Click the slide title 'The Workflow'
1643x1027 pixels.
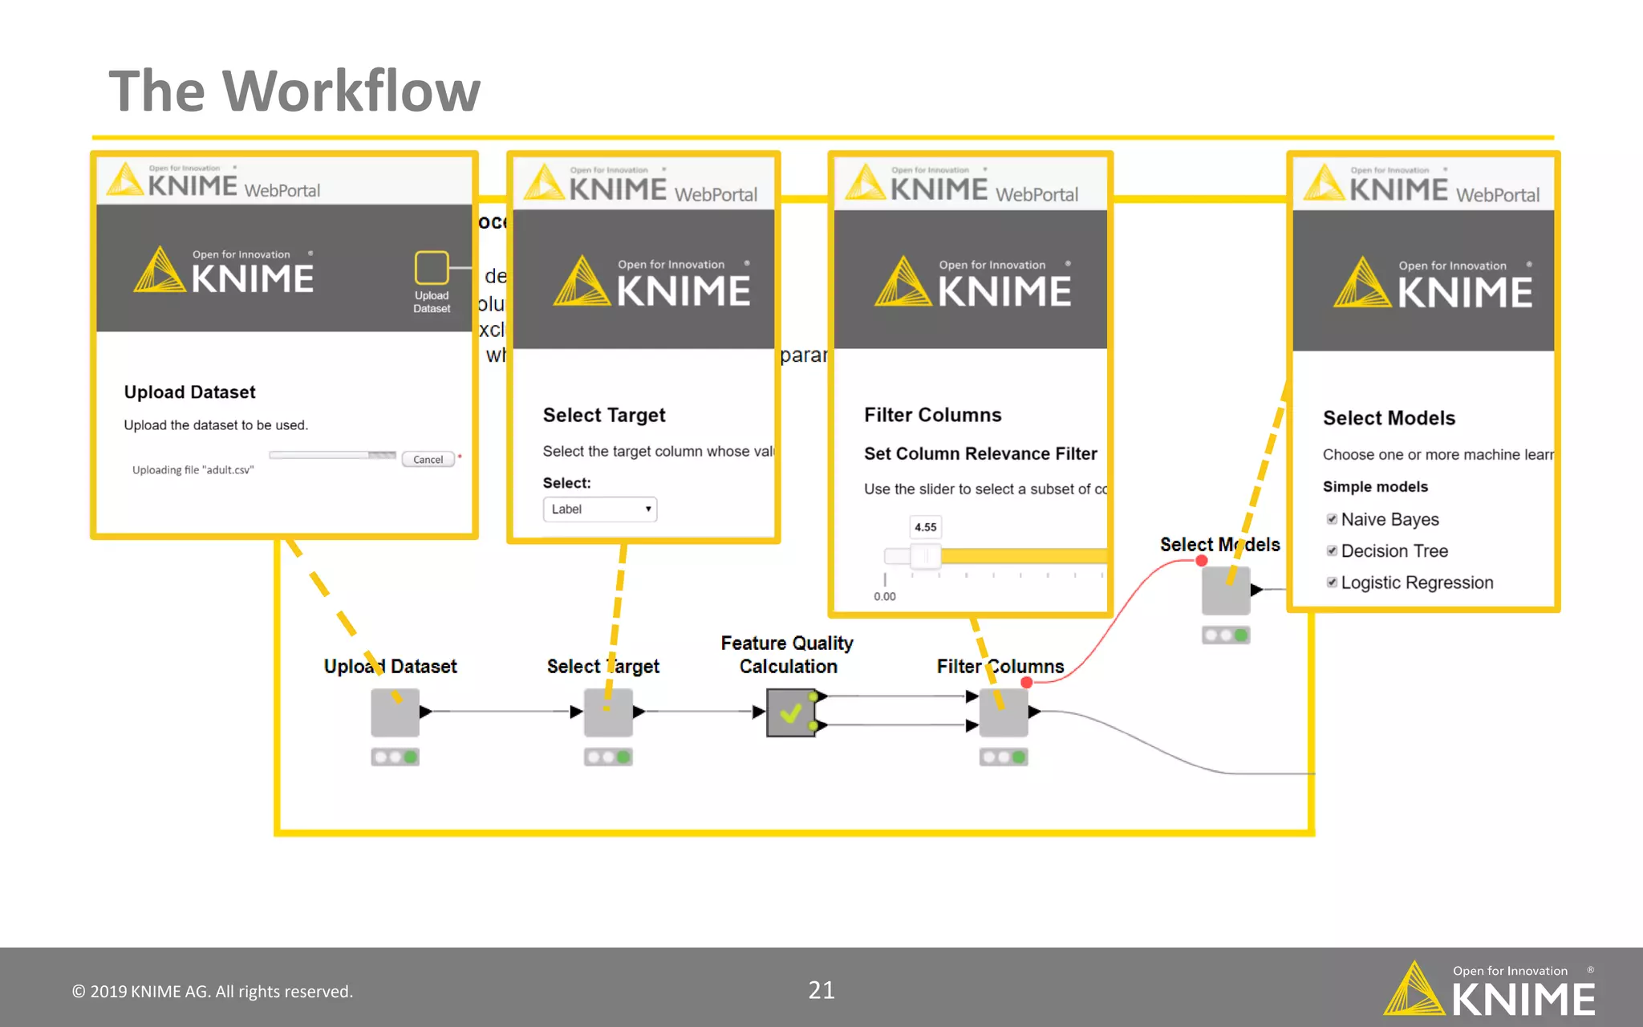click(294, 91)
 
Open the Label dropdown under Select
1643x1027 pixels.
click(600, 509)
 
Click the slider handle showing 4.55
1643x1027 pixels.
click(926, 555)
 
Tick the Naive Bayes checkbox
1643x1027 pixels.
click(1332, 519)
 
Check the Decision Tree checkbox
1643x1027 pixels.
click(1332, 550)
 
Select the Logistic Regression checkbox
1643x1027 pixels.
click(1332, 583)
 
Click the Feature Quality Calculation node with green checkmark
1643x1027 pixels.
click(791, 712)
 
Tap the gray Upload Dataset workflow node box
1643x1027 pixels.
click(395, 712)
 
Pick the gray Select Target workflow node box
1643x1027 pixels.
click(608, 712)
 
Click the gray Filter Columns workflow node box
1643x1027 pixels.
click(1003, 712)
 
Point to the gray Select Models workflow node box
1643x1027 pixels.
click(1225, 591)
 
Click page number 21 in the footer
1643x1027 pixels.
click(821, 990)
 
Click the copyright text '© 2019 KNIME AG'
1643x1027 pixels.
click(213, 992)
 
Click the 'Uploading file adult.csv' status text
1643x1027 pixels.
click(193, 470)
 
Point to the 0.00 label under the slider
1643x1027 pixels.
click(885, 597)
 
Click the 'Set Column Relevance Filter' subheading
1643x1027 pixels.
click(980, 454)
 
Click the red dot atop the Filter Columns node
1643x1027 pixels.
click(1027, 682)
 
